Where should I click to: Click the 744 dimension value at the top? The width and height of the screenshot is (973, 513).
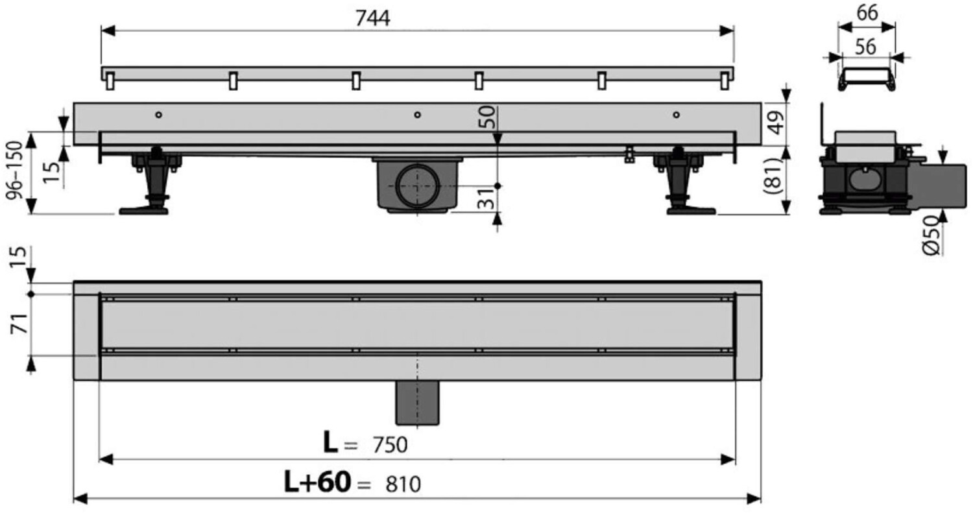(373, 18)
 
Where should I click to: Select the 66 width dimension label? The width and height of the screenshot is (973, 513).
(867, 13)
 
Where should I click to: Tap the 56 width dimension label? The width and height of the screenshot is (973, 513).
(865, 47)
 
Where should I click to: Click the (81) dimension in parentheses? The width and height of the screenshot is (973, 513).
(774, 175)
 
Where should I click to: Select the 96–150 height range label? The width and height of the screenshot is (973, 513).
(14, 170)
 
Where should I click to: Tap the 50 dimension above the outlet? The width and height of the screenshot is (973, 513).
(487, 117)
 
